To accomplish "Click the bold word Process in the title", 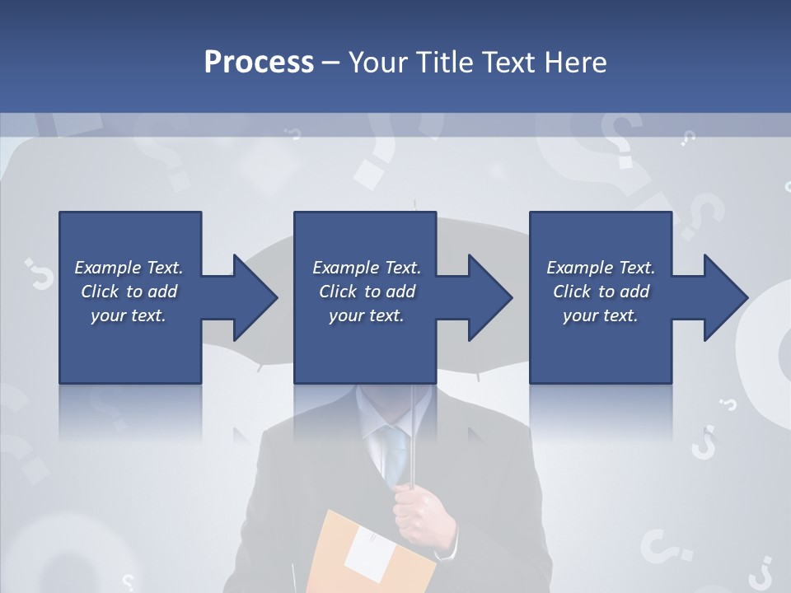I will coord(259,63).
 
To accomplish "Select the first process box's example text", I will coord(129,292).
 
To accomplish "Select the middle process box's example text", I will coord(366,292).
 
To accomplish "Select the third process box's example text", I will coord(601,292).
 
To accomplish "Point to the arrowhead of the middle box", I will coord(489,297).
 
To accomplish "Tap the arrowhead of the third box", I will coord(724,297).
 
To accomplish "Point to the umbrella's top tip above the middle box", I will coord(414,203).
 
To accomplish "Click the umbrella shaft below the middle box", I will coord(412,428).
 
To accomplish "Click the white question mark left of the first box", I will coord(37,273).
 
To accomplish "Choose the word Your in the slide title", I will coord(377,63).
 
